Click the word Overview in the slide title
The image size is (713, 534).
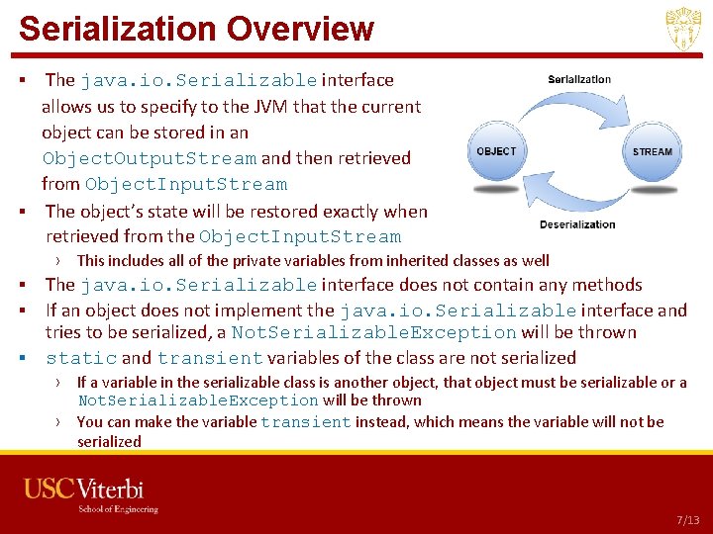(300, 29)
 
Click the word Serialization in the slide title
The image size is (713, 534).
(117, 29)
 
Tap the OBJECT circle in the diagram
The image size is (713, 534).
(496, 152)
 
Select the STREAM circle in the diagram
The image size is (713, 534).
(652, 152)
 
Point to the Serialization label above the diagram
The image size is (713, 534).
(579, 80)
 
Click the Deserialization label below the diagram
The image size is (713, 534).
(577, 224)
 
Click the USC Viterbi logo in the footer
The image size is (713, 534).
(84, 489)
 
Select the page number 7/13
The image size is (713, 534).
(687, 520)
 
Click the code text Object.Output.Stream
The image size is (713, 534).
(149, 158)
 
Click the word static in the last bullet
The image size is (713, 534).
(81, 358)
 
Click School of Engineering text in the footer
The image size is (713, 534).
(119, 509)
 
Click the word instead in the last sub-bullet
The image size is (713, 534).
(384, 422)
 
